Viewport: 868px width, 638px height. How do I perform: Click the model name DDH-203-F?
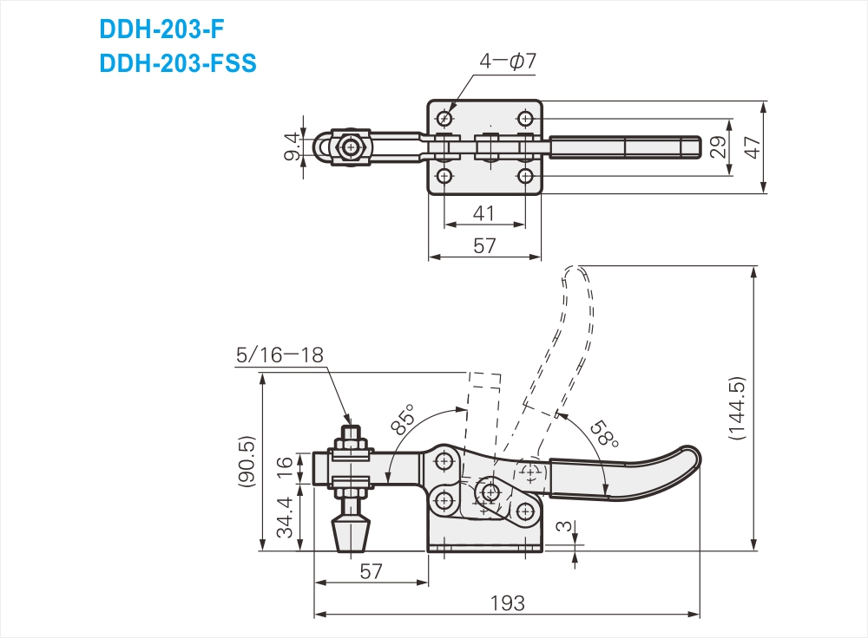point(161,29)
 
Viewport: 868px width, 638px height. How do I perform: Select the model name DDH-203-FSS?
point(178,63)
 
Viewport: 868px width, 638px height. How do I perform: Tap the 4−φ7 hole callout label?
point(508,61)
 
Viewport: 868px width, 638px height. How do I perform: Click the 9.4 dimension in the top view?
point(293,146)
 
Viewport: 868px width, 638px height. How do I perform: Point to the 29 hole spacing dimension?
point(718,147)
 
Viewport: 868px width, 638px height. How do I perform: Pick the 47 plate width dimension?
point(753,147)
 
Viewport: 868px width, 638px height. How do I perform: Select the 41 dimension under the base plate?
point(483,213)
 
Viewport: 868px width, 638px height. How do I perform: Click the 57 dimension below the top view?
point(484,245)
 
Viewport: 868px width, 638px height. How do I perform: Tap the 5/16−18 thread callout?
point(279,355)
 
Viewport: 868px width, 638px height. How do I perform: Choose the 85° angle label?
point(404,419)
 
